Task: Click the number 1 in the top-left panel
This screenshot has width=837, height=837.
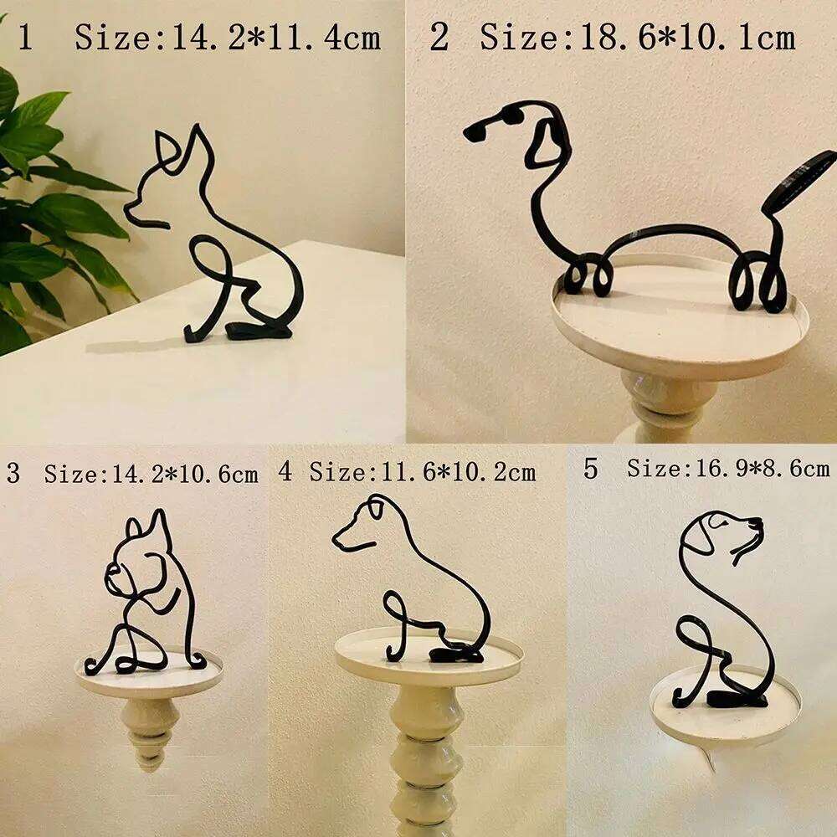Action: pyautogui.click(x=25, y=38)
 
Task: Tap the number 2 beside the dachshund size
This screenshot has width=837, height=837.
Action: pyautogui.click(x=439, y=38)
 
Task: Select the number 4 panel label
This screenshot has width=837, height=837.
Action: pyautogui.click(x=286, y=471)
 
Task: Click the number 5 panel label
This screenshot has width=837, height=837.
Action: pyautogui.click(x=591, y=469)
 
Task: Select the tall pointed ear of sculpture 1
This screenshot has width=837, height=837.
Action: pyautogui.click(x=199, y=151)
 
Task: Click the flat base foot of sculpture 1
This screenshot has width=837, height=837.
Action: pyautogui.click(x=259, y=331)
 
